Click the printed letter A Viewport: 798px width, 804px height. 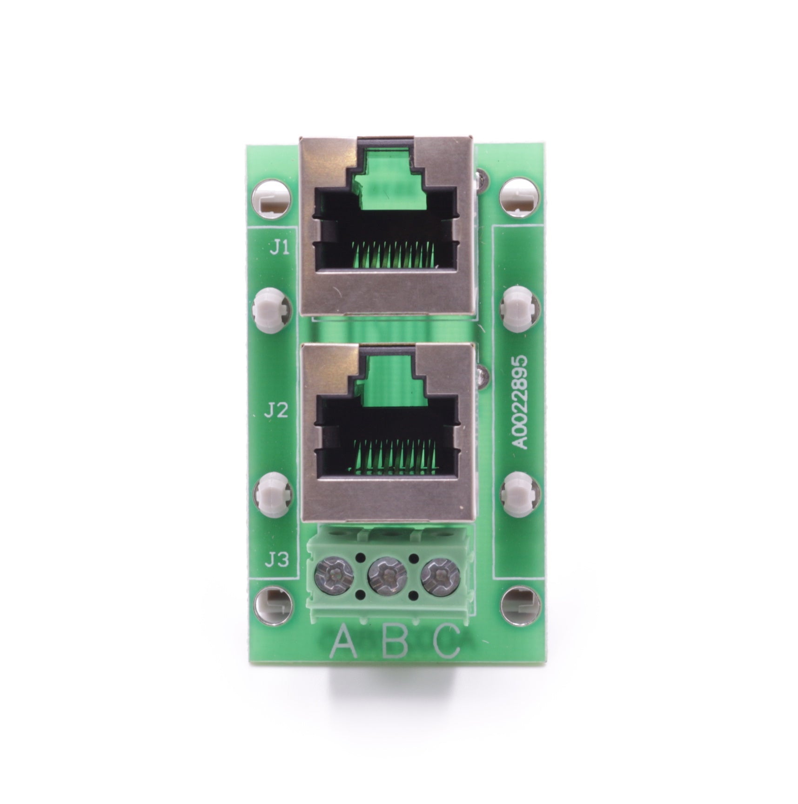pos(343,642)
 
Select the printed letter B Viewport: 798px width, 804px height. pos(396,642)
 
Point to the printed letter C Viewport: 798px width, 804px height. pos(447,642)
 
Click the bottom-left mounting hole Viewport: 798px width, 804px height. pos(274,606)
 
